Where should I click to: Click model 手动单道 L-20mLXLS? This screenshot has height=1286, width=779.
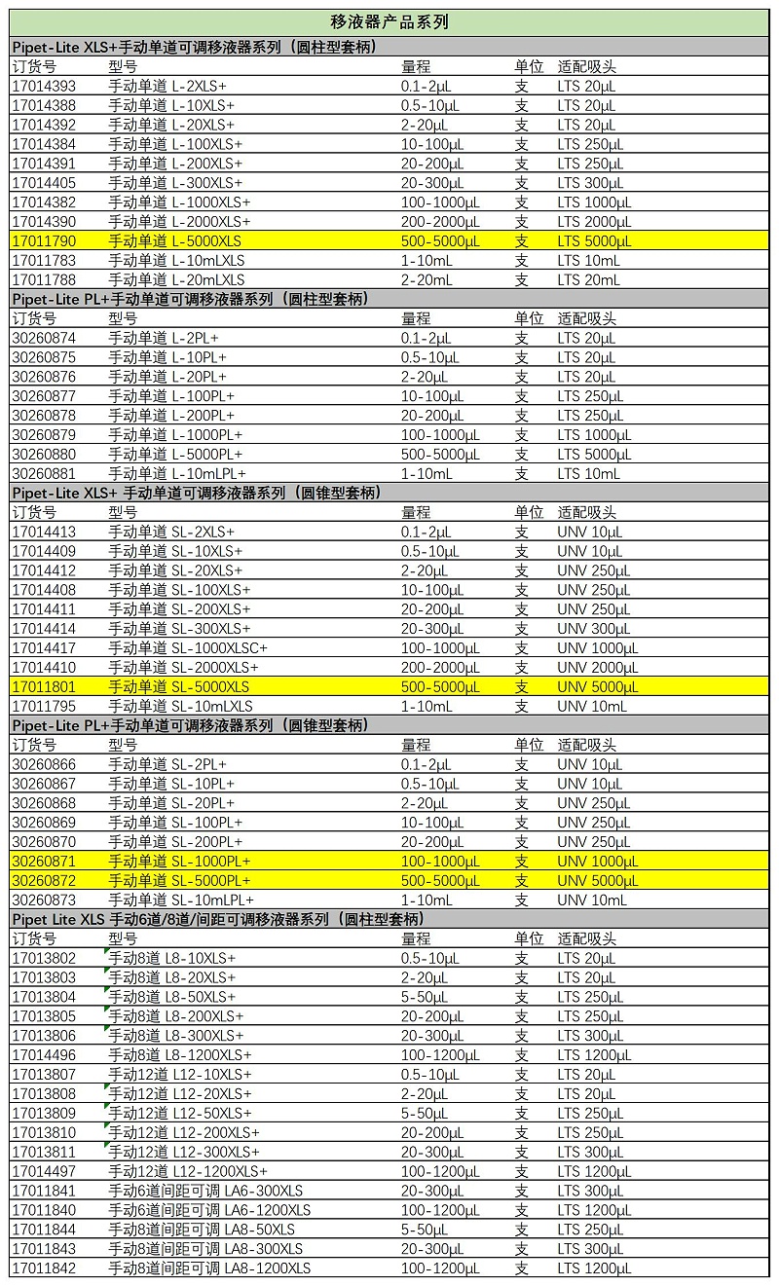point(176,279)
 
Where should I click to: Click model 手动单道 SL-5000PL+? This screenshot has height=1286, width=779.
point(179,881)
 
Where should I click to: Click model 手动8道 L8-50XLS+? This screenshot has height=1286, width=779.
point(171,997)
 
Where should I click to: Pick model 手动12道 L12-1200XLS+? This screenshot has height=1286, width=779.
point(187,1171)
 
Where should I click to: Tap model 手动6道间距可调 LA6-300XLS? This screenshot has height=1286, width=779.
point(205,1191)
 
